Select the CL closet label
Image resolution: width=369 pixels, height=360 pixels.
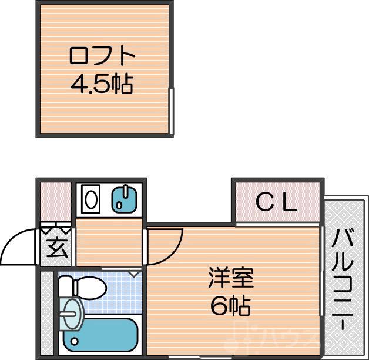tap(277, 202)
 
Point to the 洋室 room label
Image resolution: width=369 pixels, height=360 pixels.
tap(230, 278)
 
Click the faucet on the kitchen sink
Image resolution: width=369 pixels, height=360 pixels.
tap(120, 204)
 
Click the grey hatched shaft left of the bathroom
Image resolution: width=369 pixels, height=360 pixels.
tap(46, 312)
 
